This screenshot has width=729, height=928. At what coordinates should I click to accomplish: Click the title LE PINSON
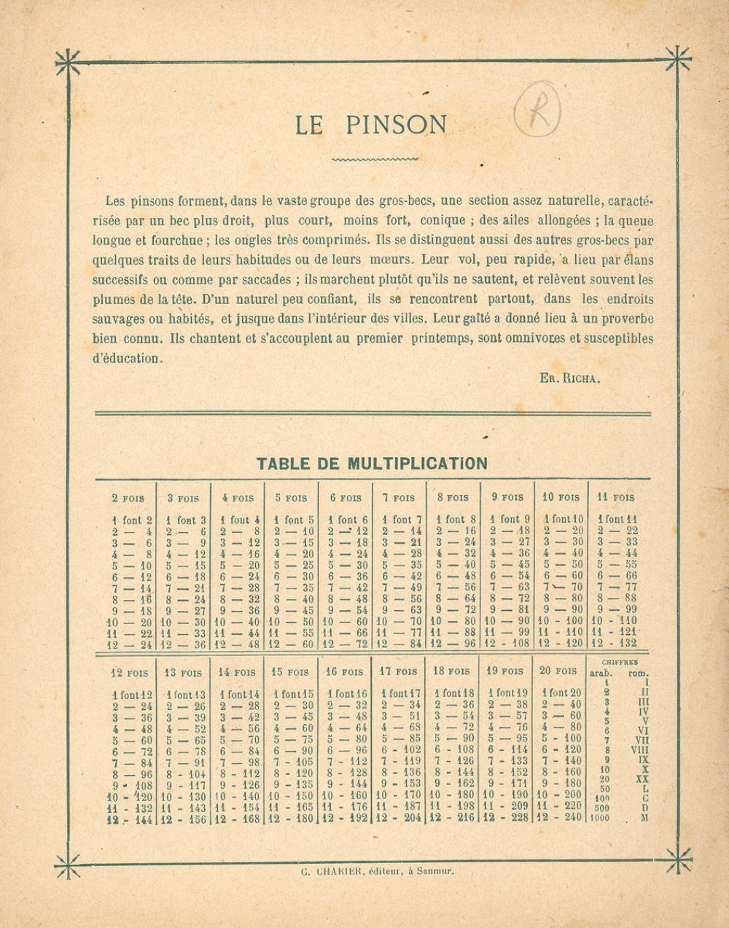371,125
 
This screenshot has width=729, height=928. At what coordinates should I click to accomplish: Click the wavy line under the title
375,158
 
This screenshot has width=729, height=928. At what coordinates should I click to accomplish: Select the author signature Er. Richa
569,378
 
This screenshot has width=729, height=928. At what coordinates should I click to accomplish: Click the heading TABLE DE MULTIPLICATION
372,464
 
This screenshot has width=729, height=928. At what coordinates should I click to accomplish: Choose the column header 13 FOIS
182,672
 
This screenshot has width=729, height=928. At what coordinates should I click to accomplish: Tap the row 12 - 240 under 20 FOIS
560,818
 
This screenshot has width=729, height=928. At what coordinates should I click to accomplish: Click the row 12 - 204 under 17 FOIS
399,818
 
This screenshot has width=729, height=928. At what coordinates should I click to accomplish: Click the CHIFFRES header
620,663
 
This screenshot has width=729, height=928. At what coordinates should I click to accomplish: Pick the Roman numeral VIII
639,749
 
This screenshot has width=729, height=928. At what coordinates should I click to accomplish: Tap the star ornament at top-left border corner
67,63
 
